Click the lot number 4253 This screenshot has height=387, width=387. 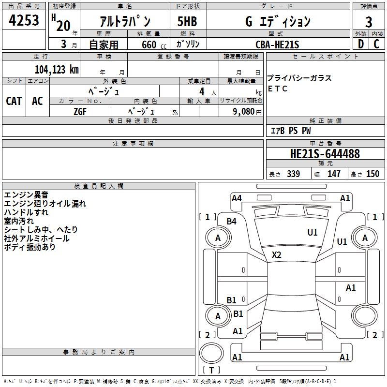click(x=24, y=21)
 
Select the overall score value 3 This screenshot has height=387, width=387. click(x=369, y=22)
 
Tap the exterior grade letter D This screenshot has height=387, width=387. click(x=360, y=44)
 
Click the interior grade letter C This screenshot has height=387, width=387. click(x=377, y=44)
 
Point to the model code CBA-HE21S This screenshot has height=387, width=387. click(x=277, y=45)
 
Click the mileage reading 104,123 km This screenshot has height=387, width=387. click(x=57, y=69)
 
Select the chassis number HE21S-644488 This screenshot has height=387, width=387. click(x=325, y=154)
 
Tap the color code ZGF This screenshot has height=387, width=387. click(x=80, y=111)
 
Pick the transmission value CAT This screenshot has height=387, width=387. click(x=14, y=101)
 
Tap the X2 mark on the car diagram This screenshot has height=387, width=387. click(x=277, y=255)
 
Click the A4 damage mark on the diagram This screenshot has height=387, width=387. click(x=237, y=198)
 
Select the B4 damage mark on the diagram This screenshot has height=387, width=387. click(x=232, y=222)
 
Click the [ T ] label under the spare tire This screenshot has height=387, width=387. click(x=211, y=371)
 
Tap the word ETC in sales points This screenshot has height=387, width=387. click(x=278, y=89)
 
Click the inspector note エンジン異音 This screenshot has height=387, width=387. click(x=25, y=195)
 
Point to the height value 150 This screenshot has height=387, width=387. click(x=372, y=174)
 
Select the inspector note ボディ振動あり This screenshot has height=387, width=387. click(x=30, y=247)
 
